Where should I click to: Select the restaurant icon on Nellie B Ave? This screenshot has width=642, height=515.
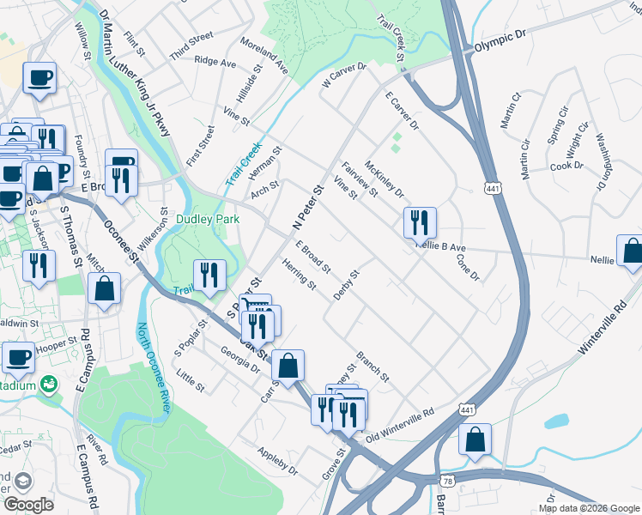(420, 222)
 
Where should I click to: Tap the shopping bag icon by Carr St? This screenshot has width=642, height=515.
(290, 364)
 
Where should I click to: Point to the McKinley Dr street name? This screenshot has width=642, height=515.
(384, 179)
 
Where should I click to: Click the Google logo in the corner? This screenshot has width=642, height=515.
(28, 505)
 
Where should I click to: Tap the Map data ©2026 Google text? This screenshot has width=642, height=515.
(588, 508)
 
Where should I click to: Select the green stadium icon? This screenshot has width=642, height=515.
(51, 385)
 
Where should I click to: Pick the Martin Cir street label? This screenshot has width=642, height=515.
(511, 111)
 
